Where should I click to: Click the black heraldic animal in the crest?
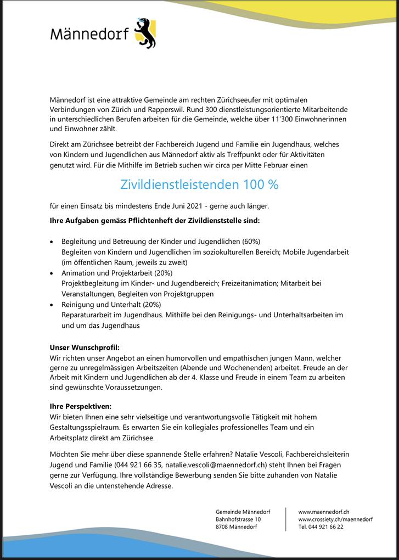(x=145, y=34)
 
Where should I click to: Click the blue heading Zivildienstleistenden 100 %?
(x=199, y=184)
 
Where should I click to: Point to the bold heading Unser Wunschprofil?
(x=84, y=348)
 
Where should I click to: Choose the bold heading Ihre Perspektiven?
(x=80, y=407)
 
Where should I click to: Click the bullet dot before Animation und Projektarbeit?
(x=52, y=273)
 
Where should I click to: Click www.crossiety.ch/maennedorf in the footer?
(x=335, y=519)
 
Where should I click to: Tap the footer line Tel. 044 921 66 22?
(x=321, y=527)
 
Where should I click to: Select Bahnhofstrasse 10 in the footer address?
(x=238, y=519)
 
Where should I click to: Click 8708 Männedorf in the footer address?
(x=236, y=527)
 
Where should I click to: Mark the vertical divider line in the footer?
(x=286, y=519)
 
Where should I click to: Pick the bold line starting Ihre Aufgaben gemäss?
(x=154, y=221)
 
